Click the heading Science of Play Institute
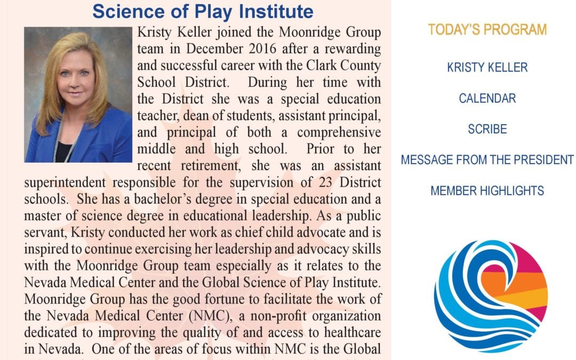pos(203,11)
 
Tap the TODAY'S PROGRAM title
pos(487,30)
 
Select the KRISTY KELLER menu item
pos(487,68)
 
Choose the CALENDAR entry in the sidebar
pos(487,99)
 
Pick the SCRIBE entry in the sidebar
pos(487,129)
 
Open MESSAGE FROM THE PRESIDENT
pos(487,160)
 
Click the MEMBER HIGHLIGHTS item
pos(487,190)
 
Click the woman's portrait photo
pos(78,94)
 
